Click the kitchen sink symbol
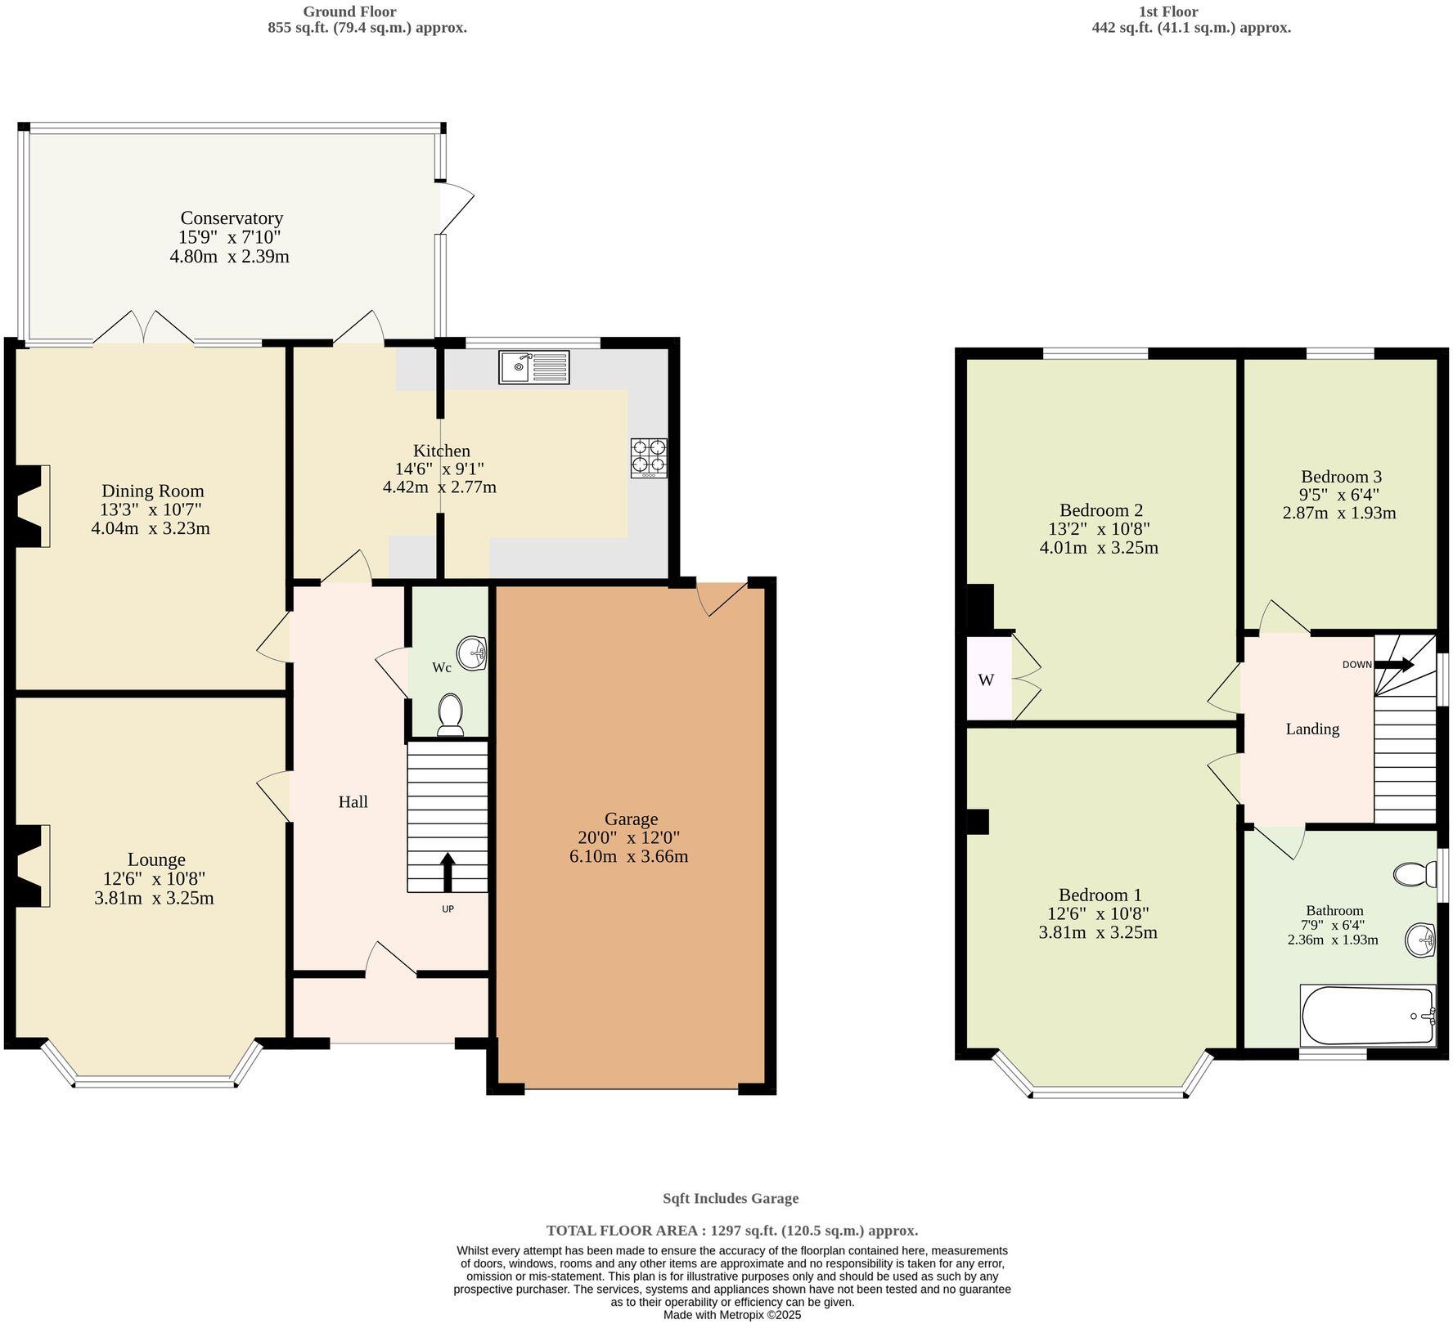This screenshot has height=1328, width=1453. pyautogui.click(x=533, y=367)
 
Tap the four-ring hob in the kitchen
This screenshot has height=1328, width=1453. pyautogui.click(x=649, y=458)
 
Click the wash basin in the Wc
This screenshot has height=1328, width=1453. pyautogui.click(x=472, y=653)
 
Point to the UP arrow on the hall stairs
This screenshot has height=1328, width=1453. pyautogui.click(x=448, y=873)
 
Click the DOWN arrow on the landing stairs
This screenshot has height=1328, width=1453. pyautogui.click(x=1394, y=665)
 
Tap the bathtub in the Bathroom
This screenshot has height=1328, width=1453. pyautogui.click(x=1368, y=1016)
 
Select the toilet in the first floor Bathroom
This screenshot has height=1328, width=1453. pyautogui.click(x=1415, y=874)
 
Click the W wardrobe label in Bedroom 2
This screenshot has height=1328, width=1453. pyautogui.click(x=986, y=680)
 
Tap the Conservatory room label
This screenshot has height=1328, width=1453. pyautogui.click(x=232, y=218)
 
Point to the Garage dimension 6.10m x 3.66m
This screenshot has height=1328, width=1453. pyautogui.click(x=628, y=857)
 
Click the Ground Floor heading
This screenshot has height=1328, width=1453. pyautogui.click(x=349, y=11)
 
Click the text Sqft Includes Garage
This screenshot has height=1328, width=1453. pyautogui.click(x=730, y=1198)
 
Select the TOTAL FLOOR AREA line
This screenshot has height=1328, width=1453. pyautogui.click(x=731, y=1230)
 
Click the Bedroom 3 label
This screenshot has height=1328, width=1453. pyautogui.click(x=1341, y=477)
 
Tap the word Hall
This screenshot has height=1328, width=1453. pyautogui.click(x=353, y=802)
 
